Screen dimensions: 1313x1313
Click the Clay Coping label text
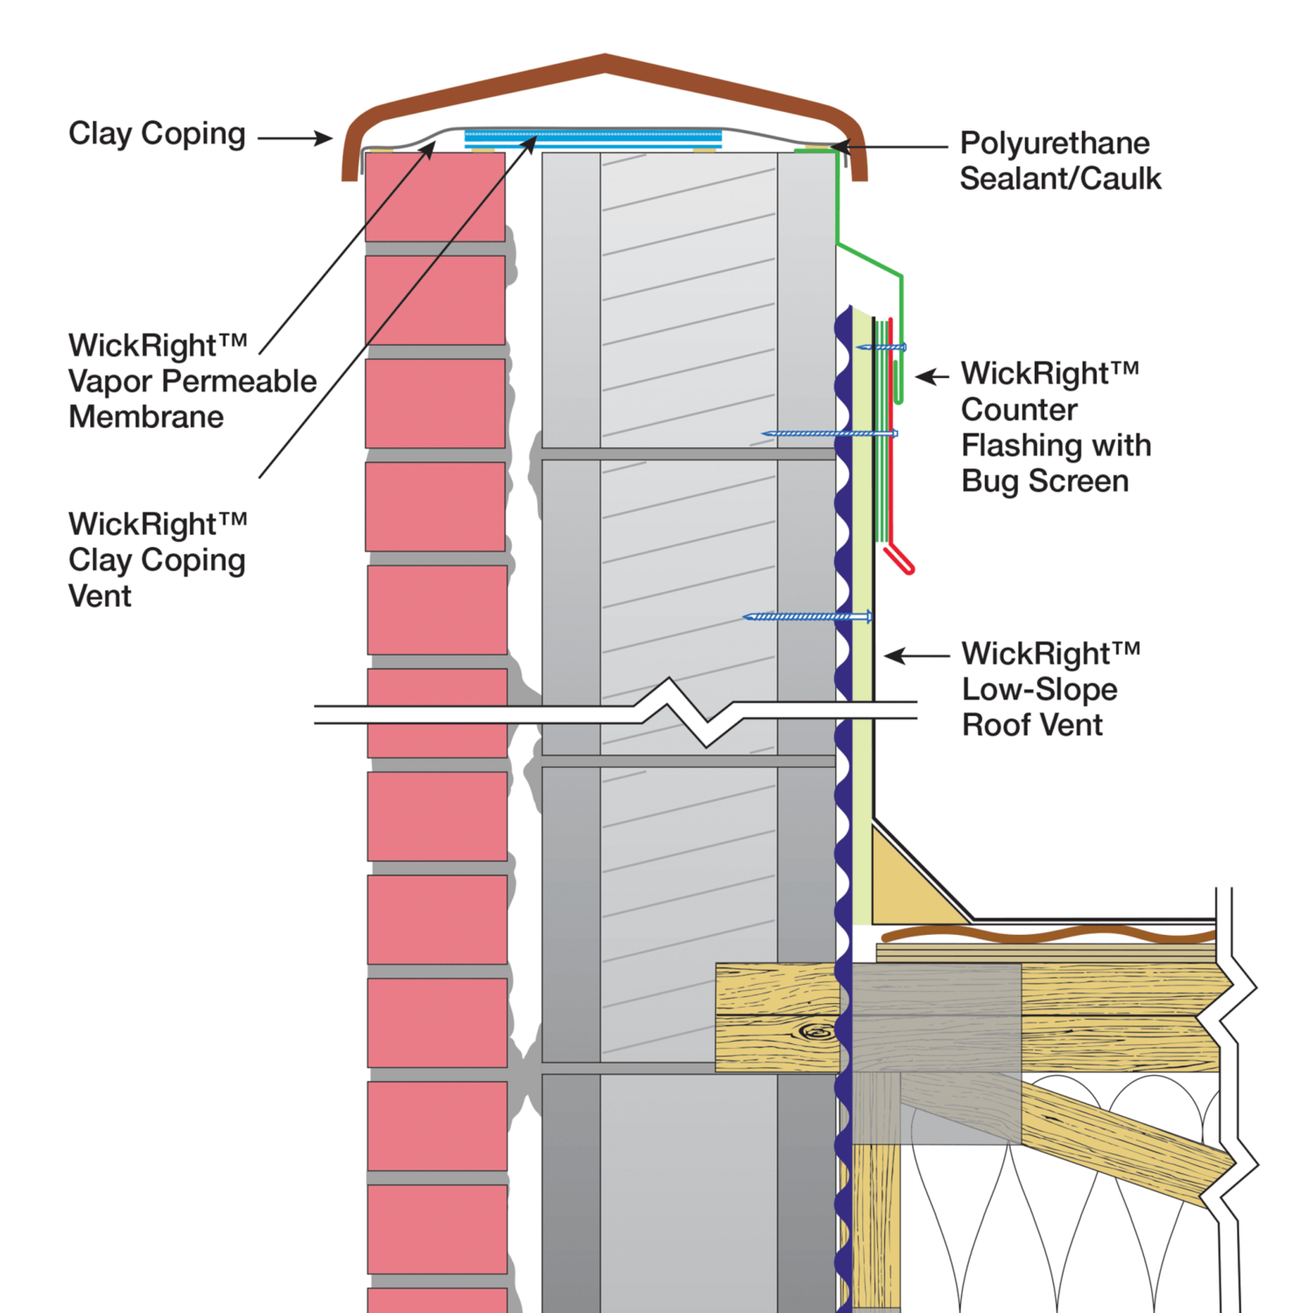click(157, 134)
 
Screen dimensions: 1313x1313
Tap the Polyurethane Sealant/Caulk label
click(1059, 160)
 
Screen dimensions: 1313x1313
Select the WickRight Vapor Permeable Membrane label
click(192, 381)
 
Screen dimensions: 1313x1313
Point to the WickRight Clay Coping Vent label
click(158, 559)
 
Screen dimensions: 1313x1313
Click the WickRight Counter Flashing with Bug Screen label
click(1055, 427)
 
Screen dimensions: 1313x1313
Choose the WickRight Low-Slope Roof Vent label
click(1050, 689)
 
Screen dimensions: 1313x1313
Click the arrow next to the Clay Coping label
click(295, 137)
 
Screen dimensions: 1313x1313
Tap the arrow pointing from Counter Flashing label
click(932, 376)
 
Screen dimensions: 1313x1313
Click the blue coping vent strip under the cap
click(593, 137)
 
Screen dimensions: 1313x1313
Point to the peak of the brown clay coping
click(605, 59)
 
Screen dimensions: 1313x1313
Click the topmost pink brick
click(435, 197)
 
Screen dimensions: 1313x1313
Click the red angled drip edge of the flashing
click(900, 559)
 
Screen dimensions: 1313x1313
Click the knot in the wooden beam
click(818, 1033)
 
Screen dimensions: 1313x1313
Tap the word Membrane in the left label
click(146, 417)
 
